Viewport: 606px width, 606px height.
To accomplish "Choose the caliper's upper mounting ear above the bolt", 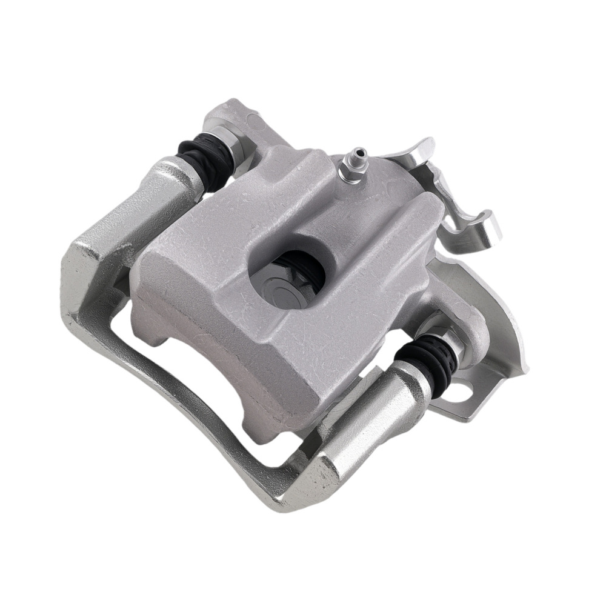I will point(233,118).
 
